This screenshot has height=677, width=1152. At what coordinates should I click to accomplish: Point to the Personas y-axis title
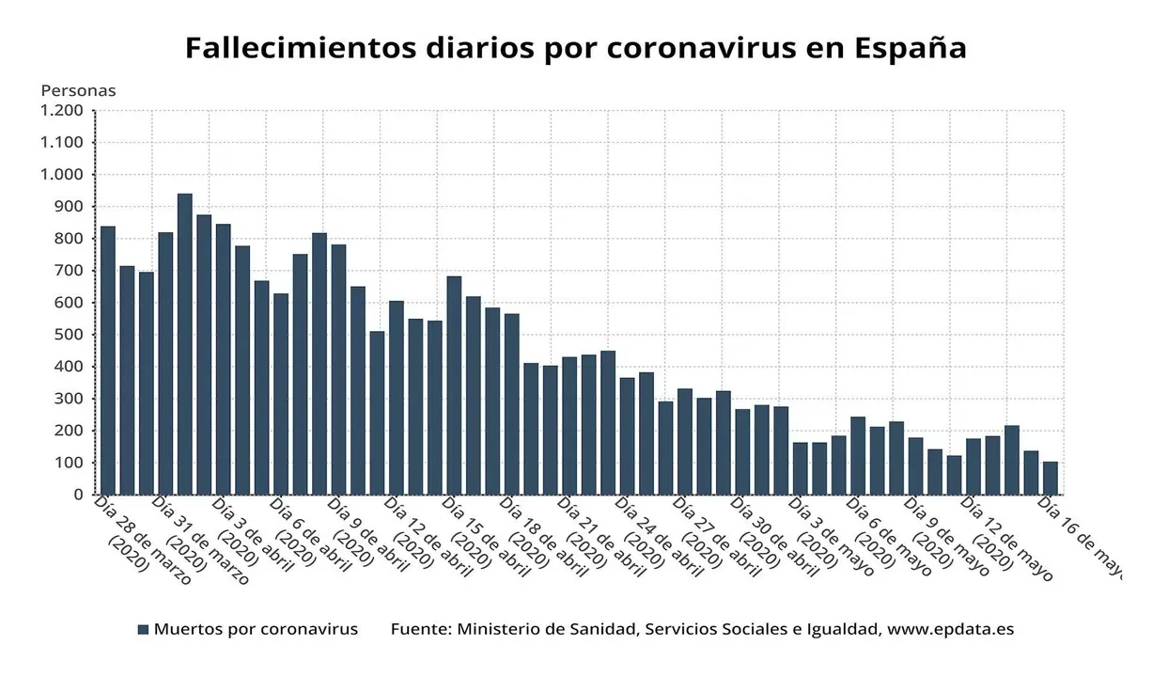pos(78,91)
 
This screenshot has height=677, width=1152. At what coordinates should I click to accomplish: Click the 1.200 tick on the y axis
pos(62,111)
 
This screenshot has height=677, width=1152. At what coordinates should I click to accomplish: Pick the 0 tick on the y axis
pos(79,495)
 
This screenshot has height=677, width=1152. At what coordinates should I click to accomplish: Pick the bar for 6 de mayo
pos(858,456)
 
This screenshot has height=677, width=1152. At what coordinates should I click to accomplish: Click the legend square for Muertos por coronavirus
pos(143,630)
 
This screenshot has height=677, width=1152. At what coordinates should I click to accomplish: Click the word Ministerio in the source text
pos(503,630)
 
